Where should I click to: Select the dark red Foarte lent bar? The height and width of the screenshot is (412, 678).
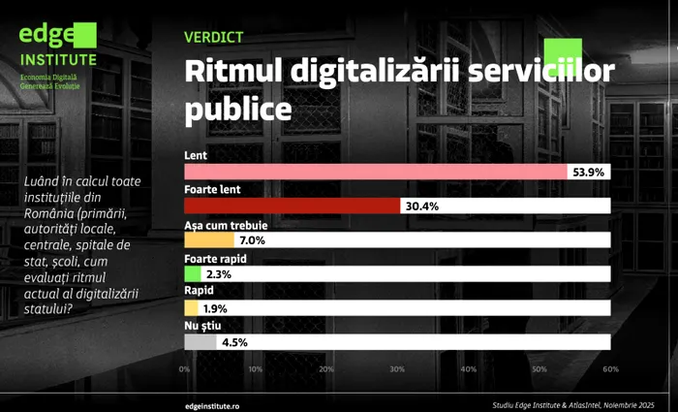point(292,206)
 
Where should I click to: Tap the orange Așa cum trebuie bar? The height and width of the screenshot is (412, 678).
point(208,239)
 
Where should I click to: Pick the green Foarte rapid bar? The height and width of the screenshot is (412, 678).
point(192,274)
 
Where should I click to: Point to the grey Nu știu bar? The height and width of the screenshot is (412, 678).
point(200,341)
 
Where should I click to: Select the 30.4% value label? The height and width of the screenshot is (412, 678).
point(421,206)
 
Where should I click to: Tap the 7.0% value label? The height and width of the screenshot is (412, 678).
point(252,239)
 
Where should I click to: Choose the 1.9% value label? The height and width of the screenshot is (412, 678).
point(216,308)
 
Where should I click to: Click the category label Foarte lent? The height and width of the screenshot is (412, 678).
point(212,190)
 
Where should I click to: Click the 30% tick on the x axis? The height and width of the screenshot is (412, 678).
point(397,369)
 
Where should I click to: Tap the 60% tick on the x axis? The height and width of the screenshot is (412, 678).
point(609,369)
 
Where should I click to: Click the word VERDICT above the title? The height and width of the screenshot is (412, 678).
point(212,38)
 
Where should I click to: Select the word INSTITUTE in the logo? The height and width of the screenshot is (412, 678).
point(58,58)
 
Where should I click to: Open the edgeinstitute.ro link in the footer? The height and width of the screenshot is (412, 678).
point(219,402)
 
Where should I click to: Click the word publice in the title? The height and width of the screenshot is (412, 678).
point(237,107)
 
